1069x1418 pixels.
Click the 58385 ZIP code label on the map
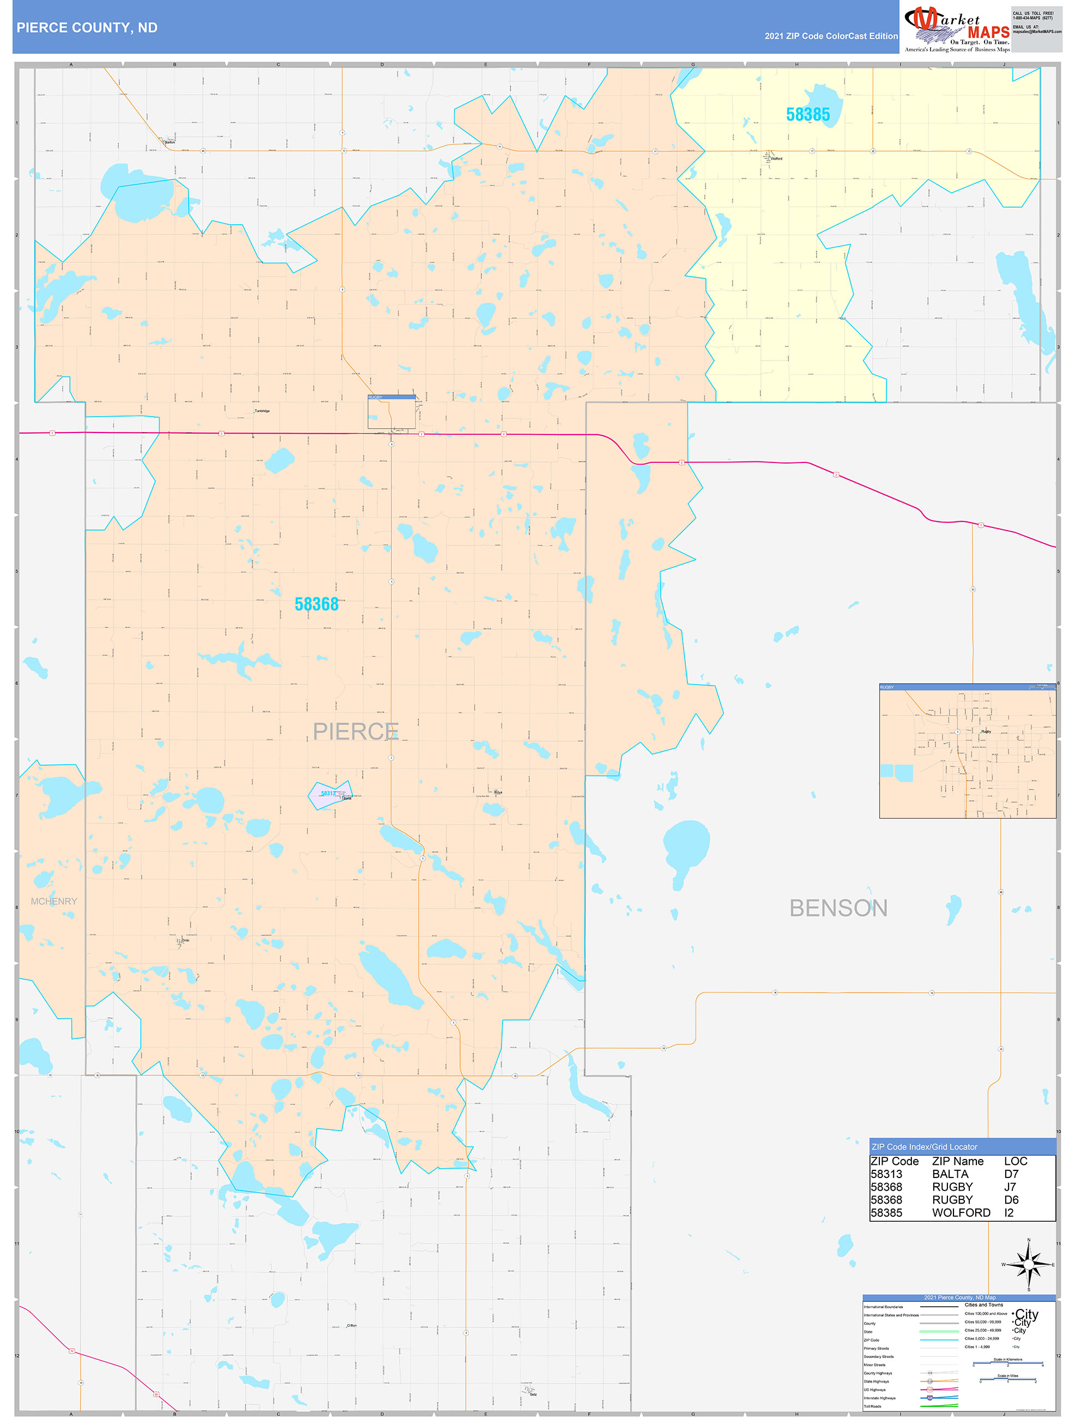(x=807, y=115)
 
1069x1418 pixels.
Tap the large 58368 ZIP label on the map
(x=317, y=604)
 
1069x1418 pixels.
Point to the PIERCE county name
(x=355, y=731)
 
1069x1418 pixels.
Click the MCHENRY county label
(x=54, y=902)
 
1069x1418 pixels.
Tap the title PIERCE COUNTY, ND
(x=87, y=28)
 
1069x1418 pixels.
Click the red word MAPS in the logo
(x=988, y=32)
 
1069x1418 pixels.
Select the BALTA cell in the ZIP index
(x=950, y=1174)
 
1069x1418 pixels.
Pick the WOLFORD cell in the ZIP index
(x=961, y=1212)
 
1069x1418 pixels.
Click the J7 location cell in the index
(x=1010, y=1187)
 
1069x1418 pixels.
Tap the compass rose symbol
(x=1029, y=1265)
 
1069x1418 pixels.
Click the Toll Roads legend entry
(x=872, y=1407)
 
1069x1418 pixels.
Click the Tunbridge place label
(x=262, y=411)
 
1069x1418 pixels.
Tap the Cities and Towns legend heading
(x=984, y=1305)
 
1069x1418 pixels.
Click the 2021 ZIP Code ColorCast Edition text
(x=831, y=36)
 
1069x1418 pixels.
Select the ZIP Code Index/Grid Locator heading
(x=924, y=1147)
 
